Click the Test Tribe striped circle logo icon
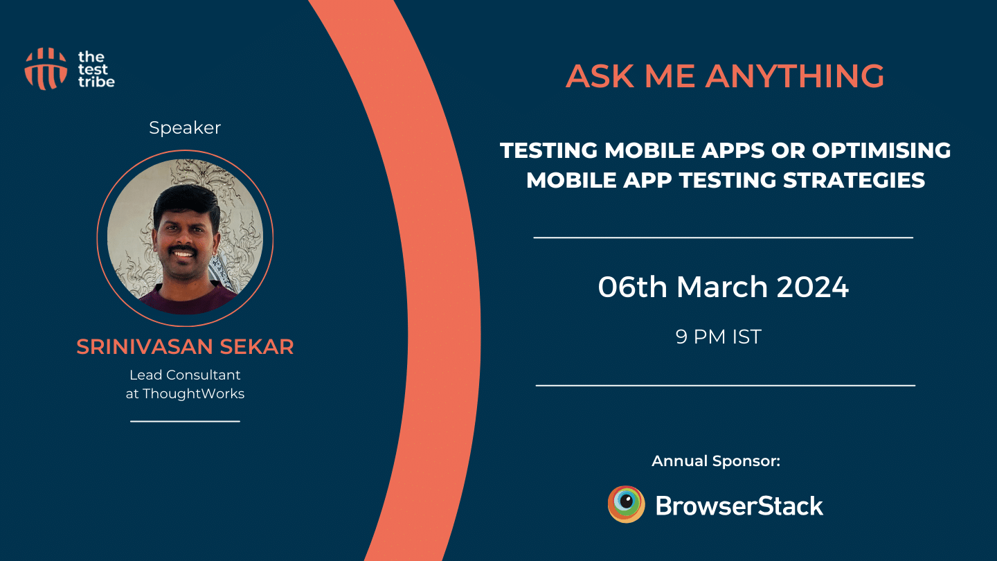[46, 69]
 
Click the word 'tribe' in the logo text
[97, 82]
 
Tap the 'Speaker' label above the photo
[185, 127]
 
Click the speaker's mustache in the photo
[183, 249]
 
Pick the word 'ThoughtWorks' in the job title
[194, 393]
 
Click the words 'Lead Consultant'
[185, 375]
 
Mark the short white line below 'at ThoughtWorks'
[185, 421]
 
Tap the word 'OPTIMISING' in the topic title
[881, 150]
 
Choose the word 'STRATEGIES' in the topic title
[854, 180]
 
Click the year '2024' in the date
[813, 287]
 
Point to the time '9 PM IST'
[719, 337]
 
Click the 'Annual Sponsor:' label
[716, 461]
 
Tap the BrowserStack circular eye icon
[626, 504]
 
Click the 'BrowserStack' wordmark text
[739, 506]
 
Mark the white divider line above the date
[724, 238]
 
